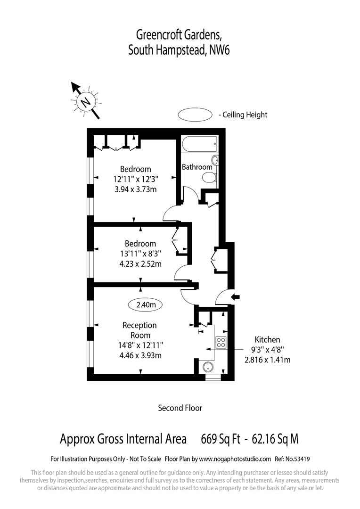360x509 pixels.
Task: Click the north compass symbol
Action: [85, 101]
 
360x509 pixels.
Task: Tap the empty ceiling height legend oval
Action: [195, 115]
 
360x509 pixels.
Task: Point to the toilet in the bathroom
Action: [209, 177]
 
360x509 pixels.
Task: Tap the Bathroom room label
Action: [197, 167]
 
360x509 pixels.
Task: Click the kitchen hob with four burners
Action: [221, 343]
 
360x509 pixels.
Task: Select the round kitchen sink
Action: [208, 367]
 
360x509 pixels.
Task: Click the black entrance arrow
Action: [236, 296]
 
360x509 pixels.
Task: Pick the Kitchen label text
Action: [267, 339]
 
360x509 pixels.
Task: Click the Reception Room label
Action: [139, 330]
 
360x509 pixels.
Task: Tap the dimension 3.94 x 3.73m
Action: [135, 189]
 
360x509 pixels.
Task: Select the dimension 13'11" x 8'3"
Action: [140, 254]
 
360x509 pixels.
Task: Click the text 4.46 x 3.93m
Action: [140, 355]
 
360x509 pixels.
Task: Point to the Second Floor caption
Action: [180, 408]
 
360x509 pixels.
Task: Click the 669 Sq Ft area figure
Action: [219, 439]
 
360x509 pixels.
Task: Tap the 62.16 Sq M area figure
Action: [276, 439]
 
